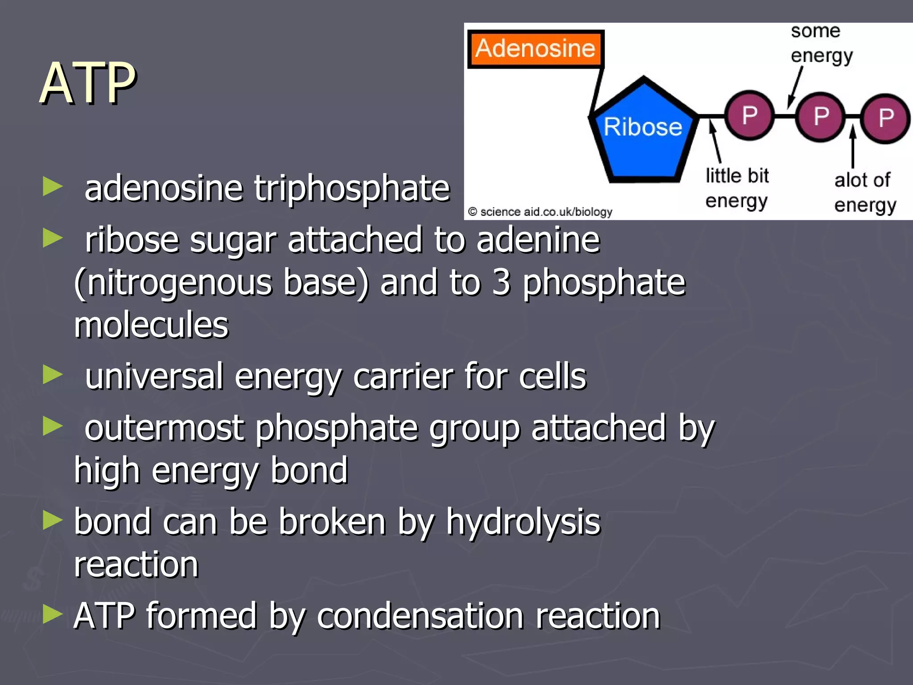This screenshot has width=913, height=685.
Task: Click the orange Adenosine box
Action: click(535, 49)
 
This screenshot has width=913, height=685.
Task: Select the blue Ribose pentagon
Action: click(642, 134)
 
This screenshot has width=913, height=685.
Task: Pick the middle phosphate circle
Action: click(821, 117)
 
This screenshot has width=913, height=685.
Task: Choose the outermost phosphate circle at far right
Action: click(885, 118)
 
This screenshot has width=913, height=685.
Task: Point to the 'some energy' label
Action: click(821, 44)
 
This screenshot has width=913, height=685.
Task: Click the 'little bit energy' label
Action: click(737, 188)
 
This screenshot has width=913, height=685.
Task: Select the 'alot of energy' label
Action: click(864, 193)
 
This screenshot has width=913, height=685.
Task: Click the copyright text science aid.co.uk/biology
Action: click(540, 212)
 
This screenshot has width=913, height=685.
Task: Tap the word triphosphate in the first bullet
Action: click(352, 189)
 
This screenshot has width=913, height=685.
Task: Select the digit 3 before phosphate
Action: click(501, 283)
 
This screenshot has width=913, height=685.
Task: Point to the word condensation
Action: click(420, 616)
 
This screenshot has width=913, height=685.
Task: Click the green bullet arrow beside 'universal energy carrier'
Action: click(53, 375)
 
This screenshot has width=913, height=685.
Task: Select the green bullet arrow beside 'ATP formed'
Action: click(53, 614)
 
